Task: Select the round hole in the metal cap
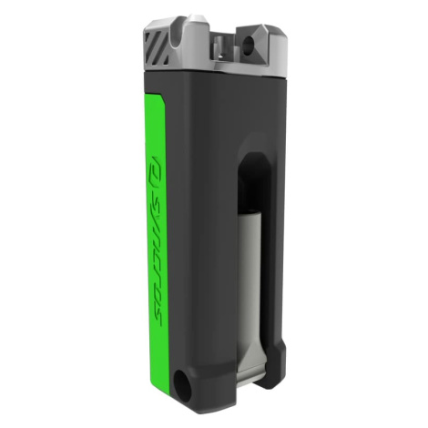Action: click(x=250, y=43)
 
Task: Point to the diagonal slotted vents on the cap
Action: click(x=157, y=48)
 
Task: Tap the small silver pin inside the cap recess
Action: click(x=219, y=47)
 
